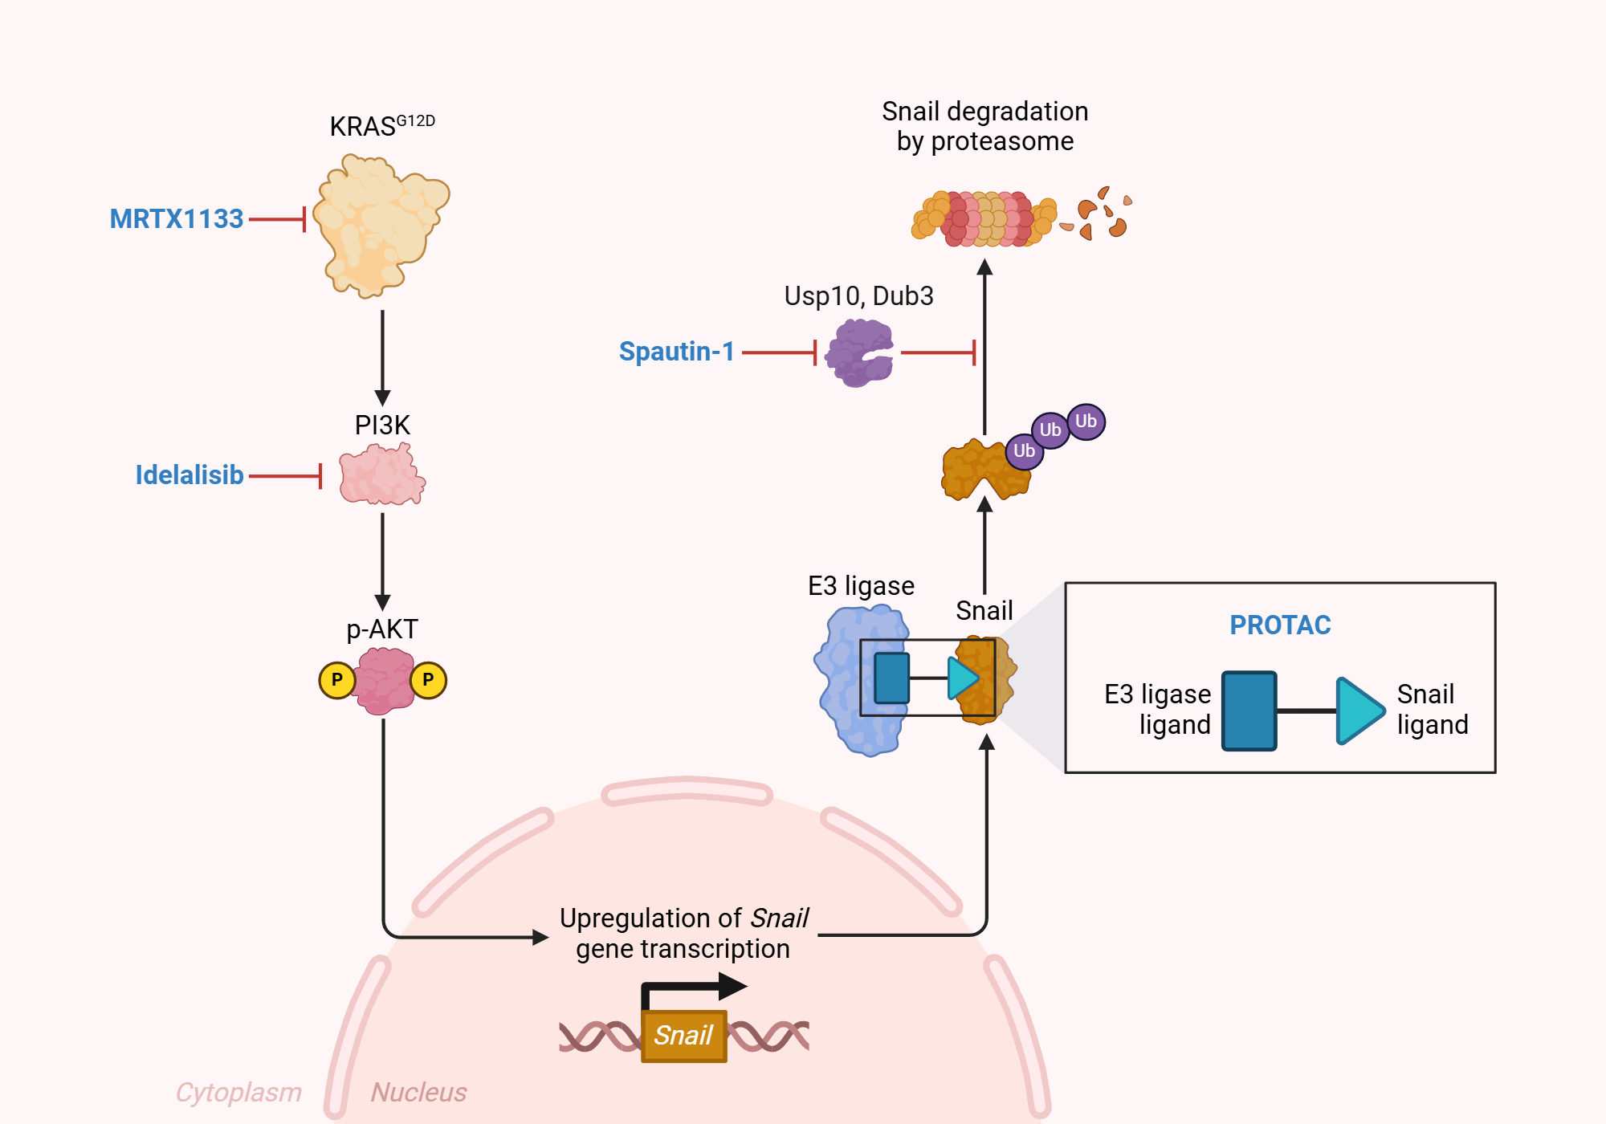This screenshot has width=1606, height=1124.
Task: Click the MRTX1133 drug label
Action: click(x=177, y=219)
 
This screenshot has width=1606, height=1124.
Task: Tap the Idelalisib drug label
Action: click(x=190, y=475)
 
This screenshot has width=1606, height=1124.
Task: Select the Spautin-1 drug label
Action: click(x=677, y=352)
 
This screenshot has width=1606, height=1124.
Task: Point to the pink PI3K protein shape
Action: click(x=381, y=476)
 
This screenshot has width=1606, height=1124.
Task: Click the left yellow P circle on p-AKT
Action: click(x=337, y=680)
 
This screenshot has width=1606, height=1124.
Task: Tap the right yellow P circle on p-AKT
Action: click(x=428, y=680)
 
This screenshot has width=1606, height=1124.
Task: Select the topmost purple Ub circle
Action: click(x=1086, y=421)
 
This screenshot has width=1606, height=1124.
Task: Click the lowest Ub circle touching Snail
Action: click(x=1024, y=451)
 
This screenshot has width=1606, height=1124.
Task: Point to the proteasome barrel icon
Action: click(x=984, y=218)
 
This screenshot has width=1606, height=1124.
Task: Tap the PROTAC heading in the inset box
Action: click(x=1280, y=625)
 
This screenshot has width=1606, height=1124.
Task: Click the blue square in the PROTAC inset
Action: click(x=1249, y=711)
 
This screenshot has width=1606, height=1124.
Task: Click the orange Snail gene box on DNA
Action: click(x=683, y=1036)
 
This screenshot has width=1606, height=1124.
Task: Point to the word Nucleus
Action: click(x=418, y=1092)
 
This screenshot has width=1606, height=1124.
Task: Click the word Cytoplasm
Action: click(x=238, y=1092)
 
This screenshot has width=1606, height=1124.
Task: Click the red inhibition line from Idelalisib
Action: click(x=285, y=475)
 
